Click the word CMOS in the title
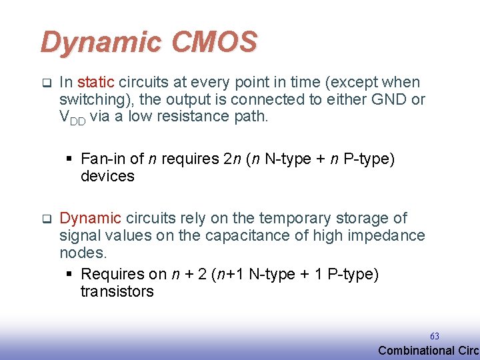point(214,42)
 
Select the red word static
point(97,83)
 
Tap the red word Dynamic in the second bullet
point(90,218)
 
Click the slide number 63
point(435,337)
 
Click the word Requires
point(112,274)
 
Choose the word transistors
point(117,291)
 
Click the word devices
point(107,176)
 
